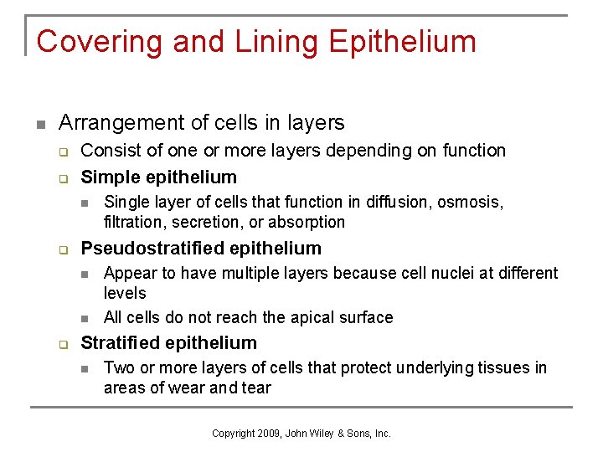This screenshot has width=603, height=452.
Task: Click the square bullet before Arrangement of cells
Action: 39,124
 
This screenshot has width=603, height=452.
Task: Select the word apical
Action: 305,317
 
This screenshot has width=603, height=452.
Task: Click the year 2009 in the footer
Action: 268,433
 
